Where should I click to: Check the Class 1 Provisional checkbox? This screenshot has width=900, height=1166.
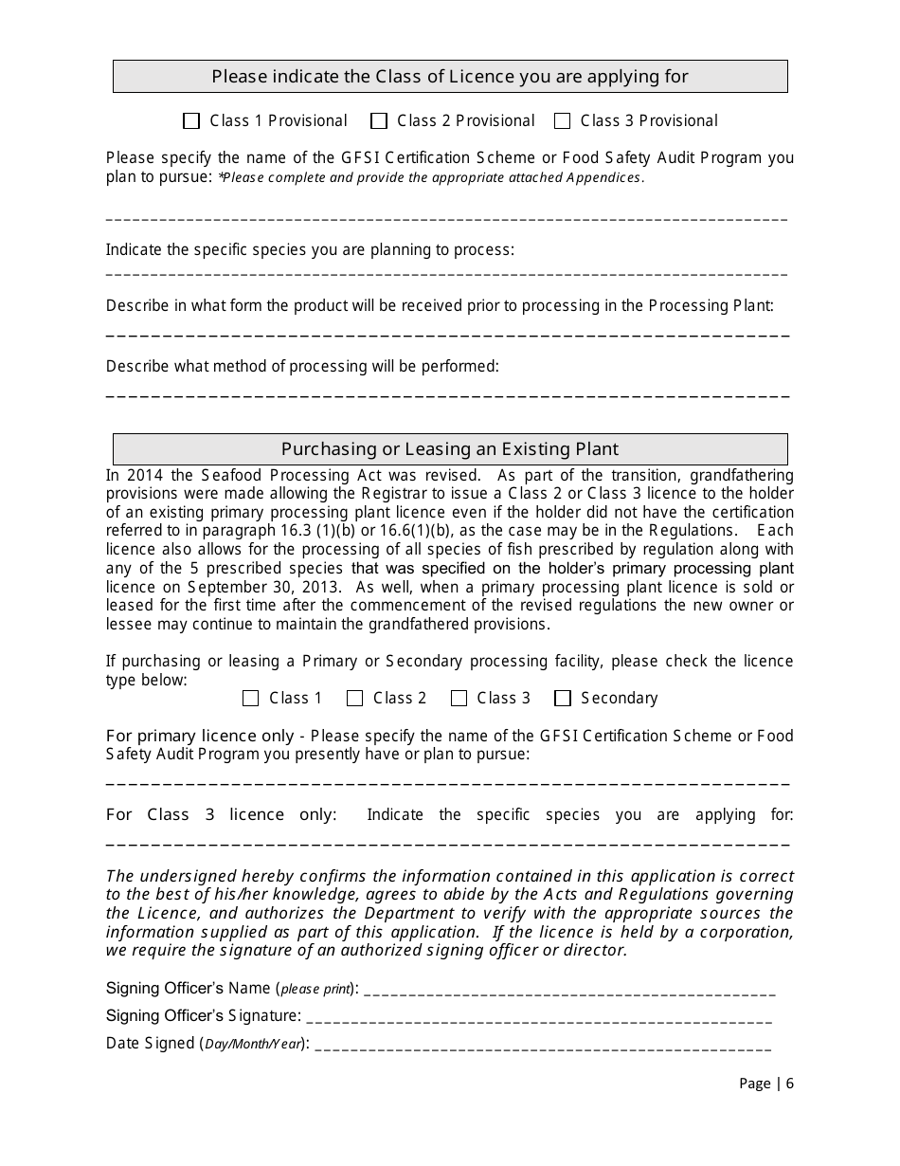[x=191, y=121]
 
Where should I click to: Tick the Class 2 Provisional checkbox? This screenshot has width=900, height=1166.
[x=379, y=121]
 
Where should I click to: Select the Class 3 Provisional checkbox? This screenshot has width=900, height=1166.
[x=563, y=121]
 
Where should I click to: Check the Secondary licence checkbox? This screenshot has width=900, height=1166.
[x=563, y=699]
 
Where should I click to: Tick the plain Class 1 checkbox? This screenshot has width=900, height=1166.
[x=251, y=699]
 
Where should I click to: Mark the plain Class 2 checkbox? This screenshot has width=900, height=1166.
[x=355, y=699]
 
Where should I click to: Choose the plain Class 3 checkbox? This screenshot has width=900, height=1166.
[x=459, y=699]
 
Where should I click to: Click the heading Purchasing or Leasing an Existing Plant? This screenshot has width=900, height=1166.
[x=450, y=449]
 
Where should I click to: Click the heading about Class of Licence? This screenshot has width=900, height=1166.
[x=450, y=77]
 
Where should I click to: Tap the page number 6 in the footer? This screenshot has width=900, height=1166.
[x=789, y=1084]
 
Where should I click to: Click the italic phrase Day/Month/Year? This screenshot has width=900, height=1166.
[x=254, y=1044]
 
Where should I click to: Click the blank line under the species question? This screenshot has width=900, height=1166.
[x=445, y=274]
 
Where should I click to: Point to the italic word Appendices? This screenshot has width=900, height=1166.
[x=604, y=177]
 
